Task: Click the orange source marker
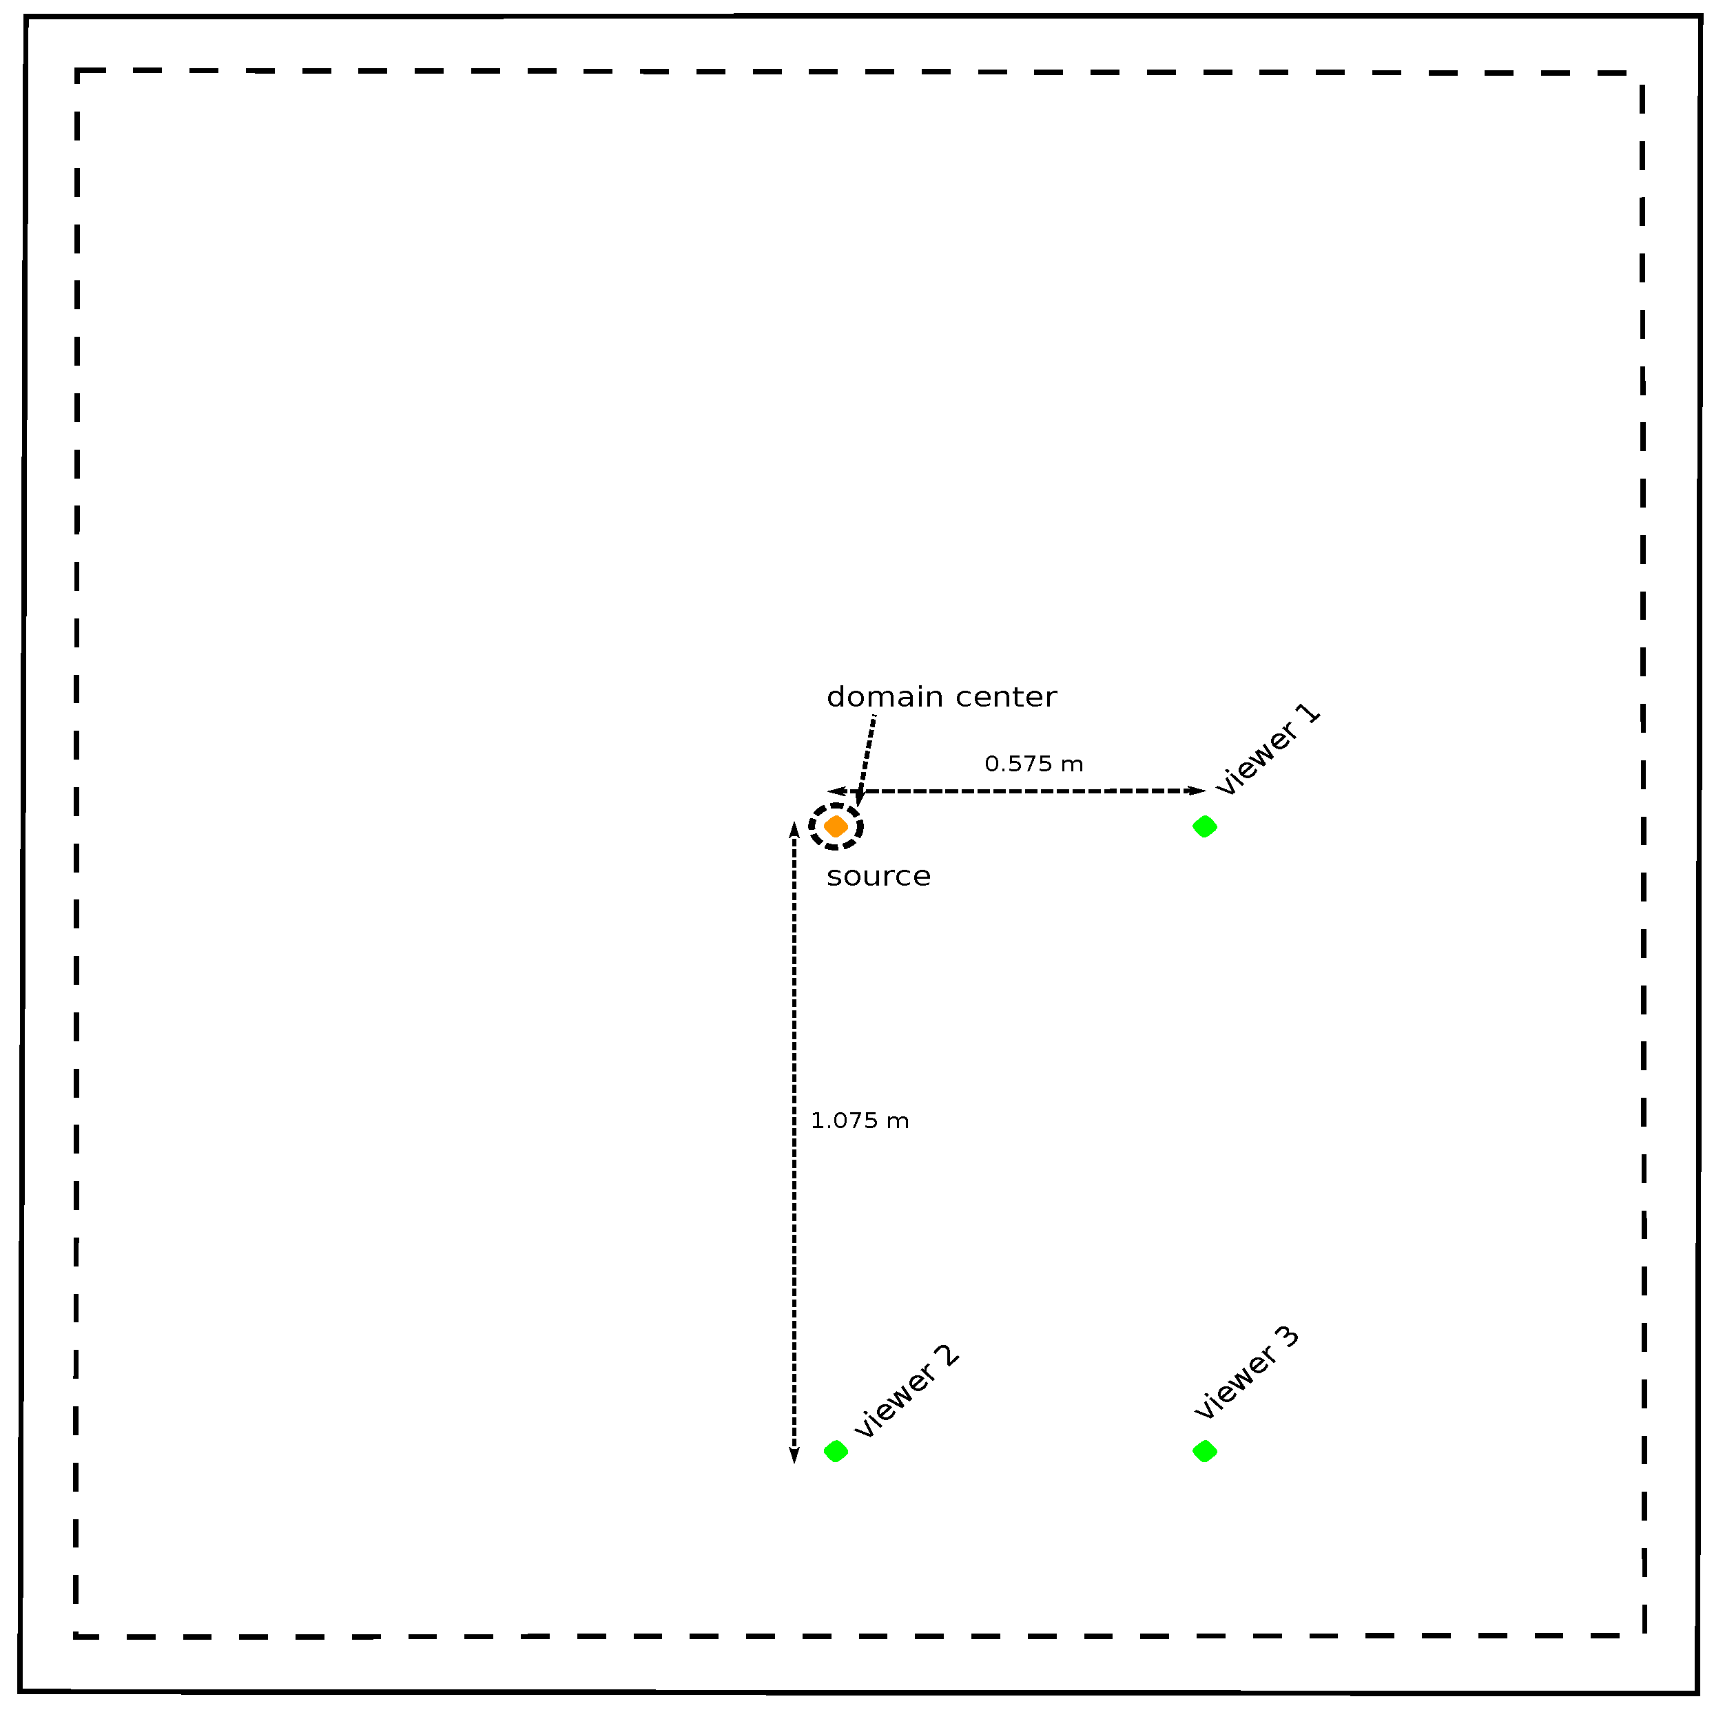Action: [x=836, y=826]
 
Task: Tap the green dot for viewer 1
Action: [x=1204, y=826]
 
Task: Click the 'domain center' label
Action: [x=941, y=697]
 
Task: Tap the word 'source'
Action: [x=878, y=876]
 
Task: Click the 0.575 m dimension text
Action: [x=1033, y=764]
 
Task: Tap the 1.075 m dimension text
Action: [x=860, y=1121]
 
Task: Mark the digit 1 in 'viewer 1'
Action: [x=1310, y=715]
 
